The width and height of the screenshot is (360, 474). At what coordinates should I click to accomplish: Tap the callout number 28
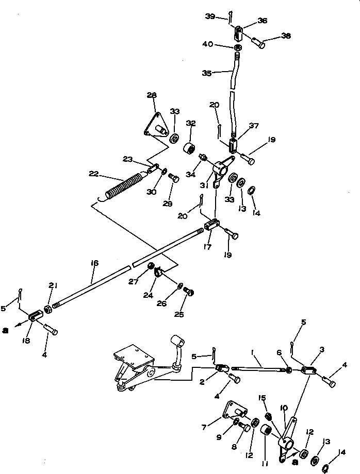[151, 95]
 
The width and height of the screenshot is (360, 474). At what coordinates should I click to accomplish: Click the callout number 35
[207, 73]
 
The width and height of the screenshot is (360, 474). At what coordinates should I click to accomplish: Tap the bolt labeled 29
[174, 179]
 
